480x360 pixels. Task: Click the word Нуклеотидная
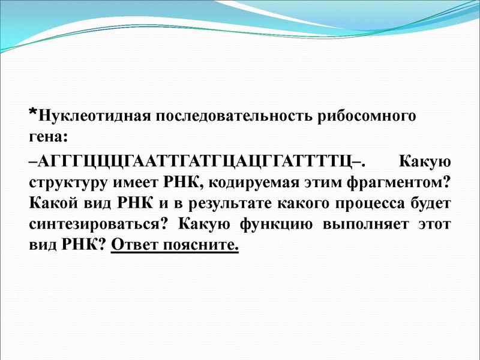click(92, 116)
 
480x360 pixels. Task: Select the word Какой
click(50, 203)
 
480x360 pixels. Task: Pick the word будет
click(431, 203)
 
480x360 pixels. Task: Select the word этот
click(433, 224)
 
